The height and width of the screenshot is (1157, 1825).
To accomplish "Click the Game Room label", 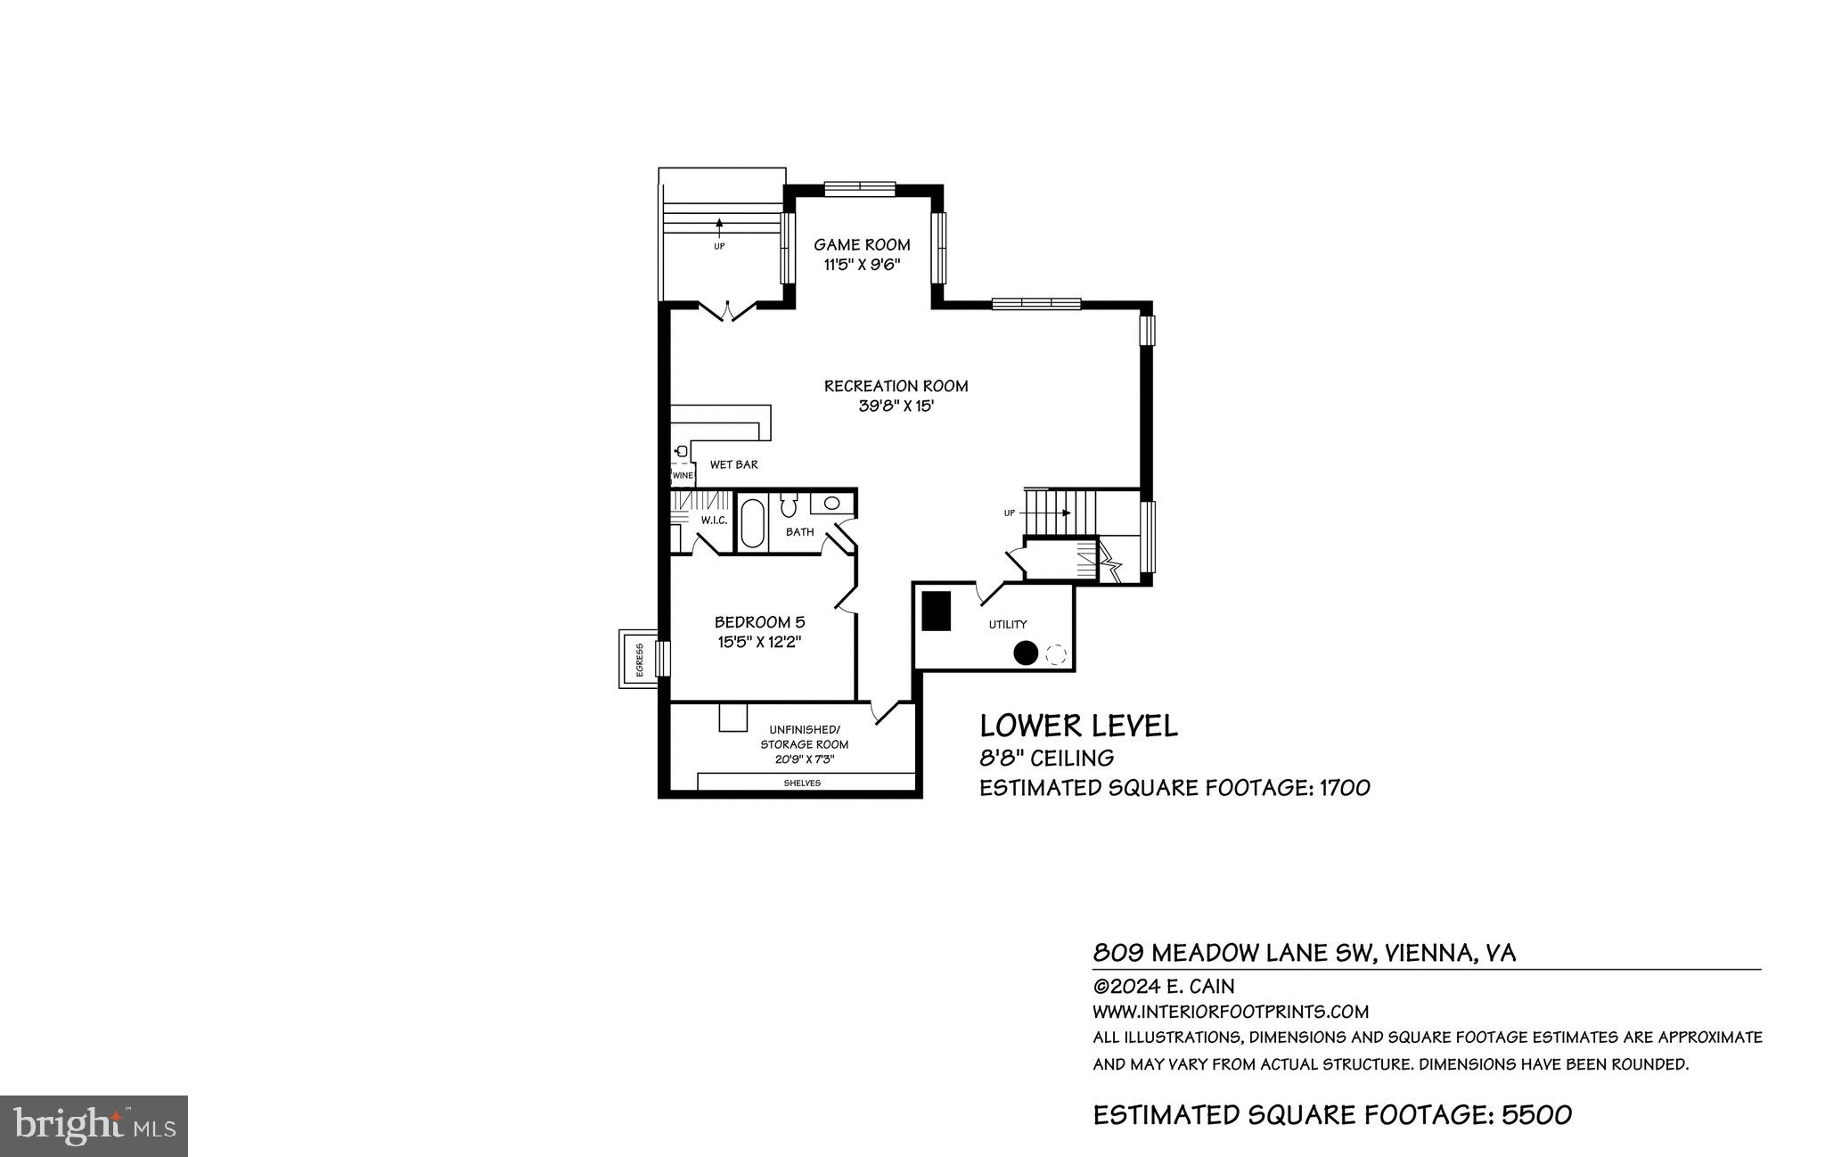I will click(x=862, y=244).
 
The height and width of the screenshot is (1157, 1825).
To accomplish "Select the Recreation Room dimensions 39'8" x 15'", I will click(x=895, y=406).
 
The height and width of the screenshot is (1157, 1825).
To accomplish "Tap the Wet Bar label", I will click(x=733, y=464).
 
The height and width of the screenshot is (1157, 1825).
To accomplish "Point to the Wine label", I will click(x=683, y=475).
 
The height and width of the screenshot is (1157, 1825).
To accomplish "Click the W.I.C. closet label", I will click(x=714, y=520).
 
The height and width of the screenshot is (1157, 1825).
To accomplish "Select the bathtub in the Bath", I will click(x=751, y=523).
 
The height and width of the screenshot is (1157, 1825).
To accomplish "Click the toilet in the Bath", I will click(x=789, y=506).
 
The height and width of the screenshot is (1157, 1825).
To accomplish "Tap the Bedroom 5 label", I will click(x=759, y=622).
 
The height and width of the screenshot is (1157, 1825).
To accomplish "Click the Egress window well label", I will click(x=639, y=660).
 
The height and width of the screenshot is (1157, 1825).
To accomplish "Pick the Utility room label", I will click(x=1008, y=624).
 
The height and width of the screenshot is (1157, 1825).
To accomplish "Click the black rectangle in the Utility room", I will click(x=936, y=611).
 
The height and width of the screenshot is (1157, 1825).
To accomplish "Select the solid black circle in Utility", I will click(x=1025, y=653).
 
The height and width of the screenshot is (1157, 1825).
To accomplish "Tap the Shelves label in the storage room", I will click(x=802, y=783).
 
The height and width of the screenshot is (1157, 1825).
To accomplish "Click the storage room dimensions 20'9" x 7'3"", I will click(x=804, y=760).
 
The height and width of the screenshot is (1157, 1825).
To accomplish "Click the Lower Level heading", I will click(x=1078, y=726).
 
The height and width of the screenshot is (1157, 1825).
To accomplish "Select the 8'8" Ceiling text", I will click(x=1046, y=758).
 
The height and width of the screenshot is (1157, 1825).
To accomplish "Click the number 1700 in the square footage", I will click(x=1344, y=788).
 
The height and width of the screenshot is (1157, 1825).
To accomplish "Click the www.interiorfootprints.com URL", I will click(x=1230, y=1012).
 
